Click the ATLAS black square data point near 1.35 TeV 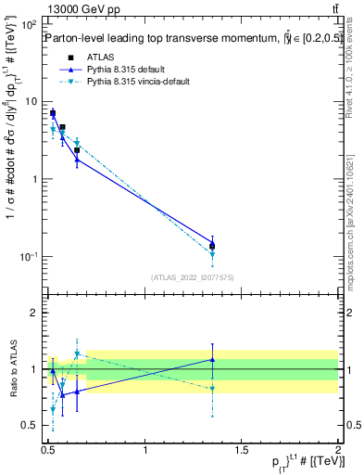(213, 247)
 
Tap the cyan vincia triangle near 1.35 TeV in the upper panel (213, 254)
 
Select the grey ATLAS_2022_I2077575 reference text (192, 276)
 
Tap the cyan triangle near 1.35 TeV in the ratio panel (213, 389)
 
